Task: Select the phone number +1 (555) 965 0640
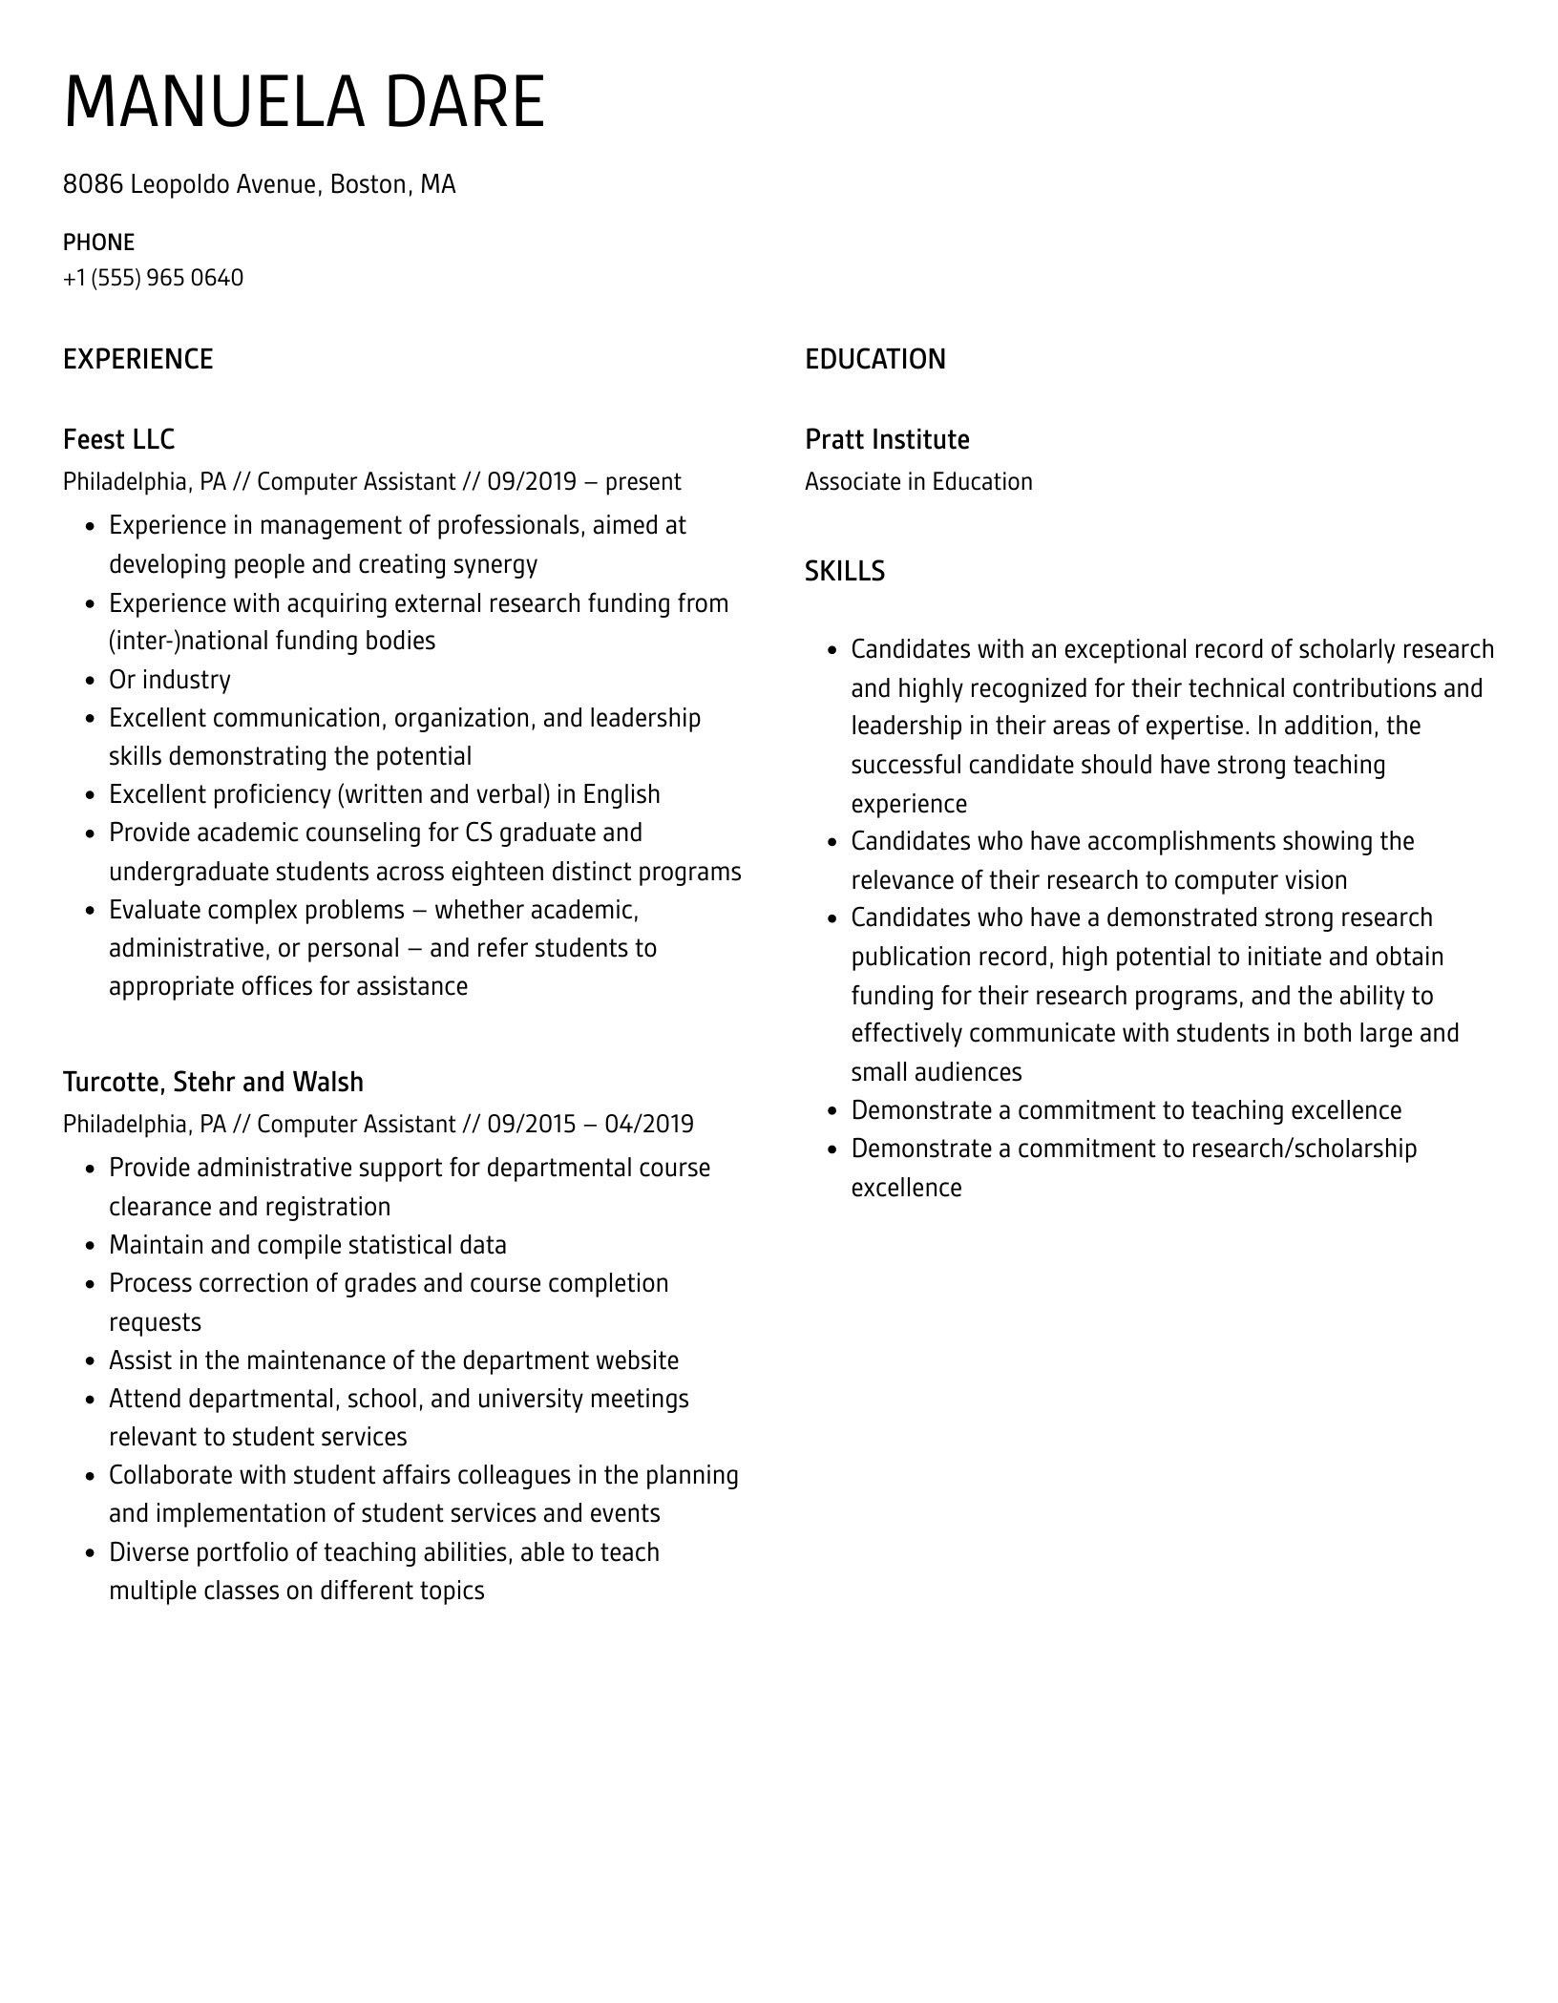153,278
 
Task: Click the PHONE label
98,242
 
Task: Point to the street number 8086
93,184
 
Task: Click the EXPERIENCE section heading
137,359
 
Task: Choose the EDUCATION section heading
874,359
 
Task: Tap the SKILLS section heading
844,571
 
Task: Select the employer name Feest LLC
118,439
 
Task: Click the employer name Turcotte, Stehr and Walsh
213,1082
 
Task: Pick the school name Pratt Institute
886,439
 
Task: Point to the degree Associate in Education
917,481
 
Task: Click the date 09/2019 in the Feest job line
531,481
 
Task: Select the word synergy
495,564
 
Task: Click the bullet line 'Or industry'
169,680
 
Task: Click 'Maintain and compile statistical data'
307,1245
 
